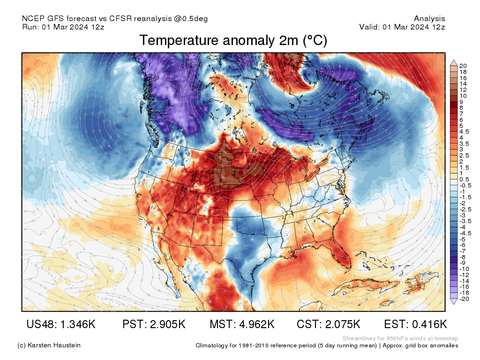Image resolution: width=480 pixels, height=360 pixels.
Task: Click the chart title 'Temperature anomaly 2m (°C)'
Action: click(x=233, y=41)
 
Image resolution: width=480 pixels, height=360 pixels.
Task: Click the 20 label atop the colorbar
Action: click(x=463, y=66)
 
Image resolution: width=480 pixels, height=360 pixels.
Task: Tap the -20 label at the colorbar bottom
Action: click(x=464, y=299)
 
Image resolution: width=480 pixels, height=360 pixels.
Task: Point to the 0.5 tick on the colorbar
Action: click(x=464, y=180)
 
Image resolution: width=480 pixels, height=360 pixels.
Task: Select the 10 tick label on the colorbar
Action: click(x=463, y=96)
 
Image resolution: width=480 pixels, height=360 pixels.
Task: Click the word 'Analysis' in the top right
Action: click(x=429, y=19)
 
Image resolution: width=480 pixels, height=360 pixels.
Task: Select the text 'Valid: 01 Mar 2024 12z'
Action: click(x=402, y=27)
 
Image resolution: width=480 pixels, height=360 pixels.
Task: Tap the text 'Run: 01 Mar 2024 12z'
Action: click(x=63, y=27)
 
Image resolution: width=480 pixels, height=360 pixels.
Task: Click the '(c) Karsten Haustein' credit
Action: click(x=49, y=345)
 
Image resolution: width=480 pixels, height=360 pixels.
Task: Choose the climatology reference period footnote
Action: click(x=327, y=345)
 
